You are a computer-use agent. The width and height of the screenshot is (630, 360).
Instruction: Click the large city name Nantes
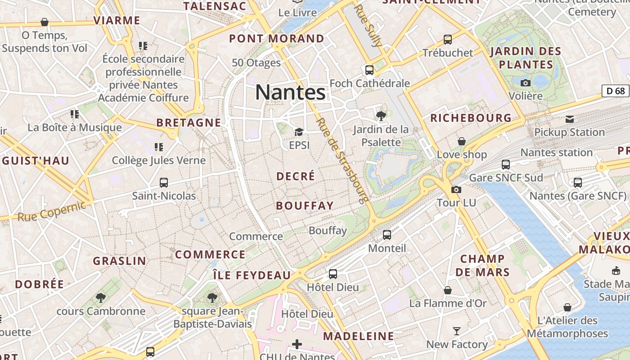click(290, 92)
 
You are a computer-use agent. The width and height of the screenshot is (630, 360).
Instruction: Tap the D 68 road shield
click(615, 91)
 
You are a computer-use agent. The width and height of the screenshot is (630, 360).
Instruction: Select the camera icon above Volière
click(525, 83)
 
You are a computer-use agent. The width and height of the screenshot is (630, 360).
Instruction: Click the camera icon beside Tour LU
click(456, 189)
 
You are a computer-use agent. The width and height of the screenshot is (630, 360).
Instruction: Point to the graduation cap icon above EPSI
click(299, 132)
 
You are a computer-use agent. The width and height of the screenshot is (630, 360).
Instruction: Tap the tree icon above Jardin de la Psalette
click(381, 116)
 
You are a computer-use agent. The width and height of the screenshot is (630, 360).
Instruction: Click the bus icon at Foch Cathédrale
click(369, 70)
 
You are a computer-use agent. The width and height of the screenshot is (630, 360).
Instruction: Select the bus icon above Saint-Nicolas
click(164, 183)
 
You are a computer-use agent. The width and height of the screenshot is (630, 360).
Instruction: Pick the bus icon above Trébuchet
click(448, 40)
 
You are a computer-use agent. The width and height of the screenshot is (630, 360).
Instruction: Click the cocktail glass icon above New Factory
click(457, 331)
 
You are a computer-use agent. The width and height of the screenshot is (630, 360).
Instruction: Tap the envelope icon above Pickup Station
click(570, 119)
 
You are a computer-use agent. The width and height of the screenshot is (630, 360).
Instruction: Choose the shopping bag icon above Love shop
click(462, 141)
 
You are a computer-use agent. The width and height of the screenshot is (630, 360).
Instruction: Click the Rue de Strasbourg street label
click(342, 160)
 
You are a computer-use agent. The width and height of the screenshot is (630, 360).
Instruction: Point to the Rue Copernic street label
click(51, 211)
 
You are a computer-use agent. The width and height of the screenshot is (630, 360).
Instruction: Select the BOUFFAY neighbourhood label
click(305, 206)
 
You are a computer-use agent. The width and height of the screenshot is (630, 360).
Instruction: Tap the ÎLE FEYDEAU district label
click(252, 275)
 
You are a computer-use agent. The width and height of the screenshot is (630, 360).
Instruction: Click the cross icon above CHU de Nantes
click(297, 344)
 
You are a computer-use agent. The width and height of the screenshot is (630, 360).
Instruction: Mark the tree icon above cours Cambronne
click(101, 297)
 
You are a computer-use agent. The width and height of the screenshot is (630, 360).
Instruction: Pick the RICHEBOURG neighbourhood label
click(471, 118)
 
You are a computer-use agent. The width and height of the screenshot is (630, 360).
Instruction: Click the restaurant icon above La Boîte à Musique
click(75, 114)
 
